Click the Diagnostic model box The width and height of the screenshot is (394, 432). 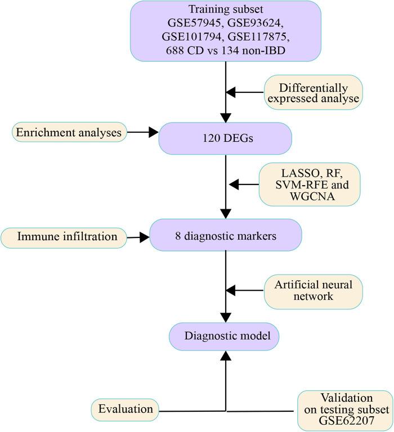click(226, 336)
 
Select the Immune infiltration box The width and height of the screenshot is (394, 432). click(64, 237)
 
